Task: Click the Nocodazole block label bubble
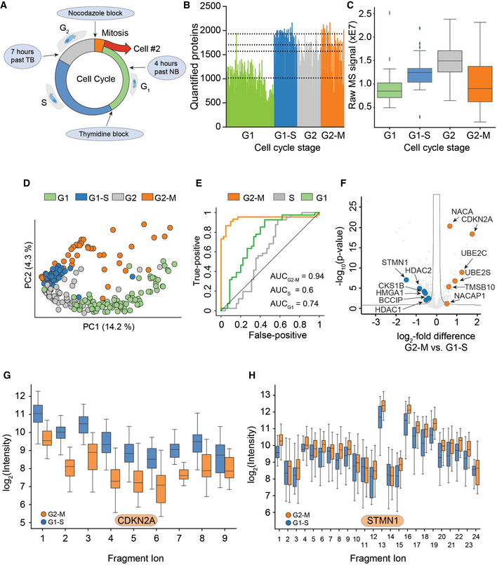tap(95, 13)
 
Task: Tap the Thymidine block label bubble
tap(104, 134)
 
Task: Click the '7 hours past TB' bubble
tap(22, 56)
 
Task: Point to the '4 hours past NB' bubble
tap(166, 68)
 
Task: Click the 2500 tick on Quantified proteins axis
tap(211, 6)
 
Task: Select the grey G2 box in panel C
tap(449, 61)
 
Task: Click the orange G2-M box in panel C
tap(479, 84)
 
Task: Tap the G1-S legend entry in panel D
tap(92, 198)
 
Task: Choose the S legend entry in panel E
tap(284, 198)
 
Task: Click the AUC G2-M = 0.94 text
tap(297, 276)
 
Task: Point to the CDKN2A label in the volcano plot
tap(477, 219)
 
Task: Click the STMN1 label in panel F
tap(395, 262)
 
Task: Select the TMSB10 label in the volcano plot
tap(479, 287)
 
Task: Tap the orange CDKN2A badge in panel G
tap(136, 520)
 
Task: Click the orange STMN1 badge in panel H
tap(382, 520)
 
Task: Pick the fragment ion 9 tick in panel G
tap(225, 538)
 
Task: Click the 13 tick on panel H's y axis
tap(265, 395)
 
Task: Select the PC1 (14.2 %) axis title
tap(109, 327)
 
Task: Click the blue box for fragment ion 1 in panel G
tap(38, 414)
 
